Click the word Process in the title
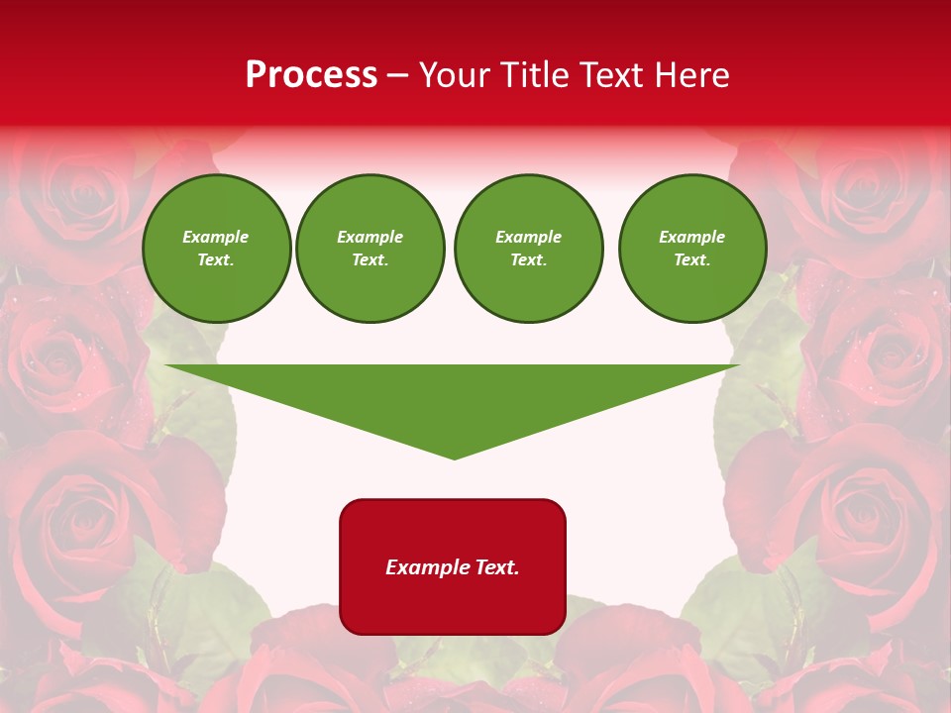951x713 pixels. coord(311,75)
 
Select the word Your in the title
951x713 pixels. coord(455,75)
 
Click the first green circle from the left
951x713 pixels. coord(216,249)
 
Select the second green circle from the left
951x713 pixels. coord(370,249)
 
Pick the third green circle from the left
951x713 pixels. coord(528,249)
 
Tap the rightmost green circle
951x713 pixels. coord(692,249)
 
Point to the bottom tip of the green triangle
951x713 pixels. coord(454,458)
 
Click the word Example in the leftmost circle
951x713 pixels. coord(216,237)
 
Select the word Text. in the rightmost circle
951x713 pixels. coord(692,259)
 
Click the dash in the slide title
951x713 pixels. coord(397,75)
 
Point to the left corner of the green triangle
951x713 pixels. coord(166,365)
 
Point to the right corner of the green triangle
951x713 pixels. coord(739,365)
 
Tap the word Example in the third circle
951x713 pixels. coord(528,237)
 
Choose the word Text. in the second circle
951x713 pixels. coord(370,259)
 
